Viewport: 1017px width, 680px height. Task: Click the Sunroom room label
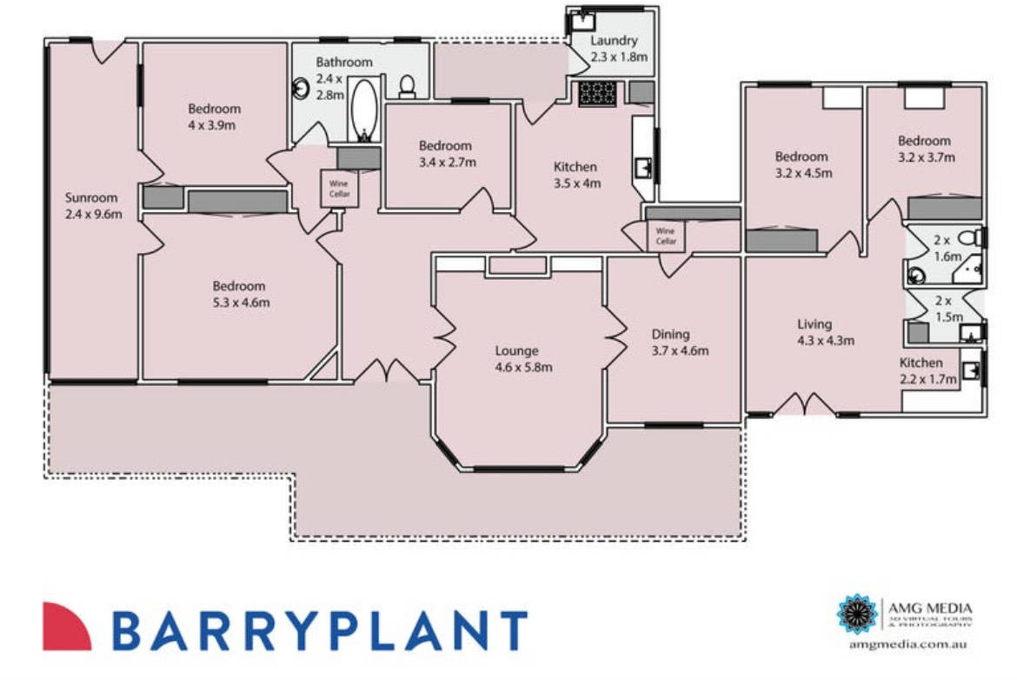90,205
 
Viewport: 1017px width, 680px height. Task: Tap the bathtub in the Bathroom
365,109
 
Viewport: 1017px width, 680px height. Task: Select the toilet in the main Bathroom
406,86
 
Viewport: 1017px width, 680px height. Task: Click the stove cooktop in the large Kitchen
596,93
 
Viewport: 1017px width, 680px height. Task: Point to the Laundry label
615,49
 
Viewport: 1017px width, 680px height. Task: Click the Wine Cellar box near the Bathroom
337,189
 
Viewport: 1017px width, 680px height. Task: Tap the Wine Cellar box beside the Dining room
666,235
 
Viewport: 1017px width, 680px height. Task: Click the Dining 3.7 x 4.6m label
680,342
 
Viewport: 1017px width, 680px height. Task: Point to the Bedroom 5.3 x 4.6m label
239,294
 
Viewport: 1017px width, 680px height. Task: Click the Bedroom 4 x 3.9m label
214,117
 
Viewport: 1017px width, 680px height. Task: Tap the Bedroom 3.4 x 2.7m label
444,153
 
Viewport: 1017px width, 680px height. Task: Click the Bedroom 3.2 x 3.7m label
925,149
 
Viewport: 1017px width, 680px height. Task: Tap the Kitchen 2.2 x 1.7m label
928,370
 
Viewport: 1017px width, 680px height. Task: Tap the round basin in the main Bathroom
302,88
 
